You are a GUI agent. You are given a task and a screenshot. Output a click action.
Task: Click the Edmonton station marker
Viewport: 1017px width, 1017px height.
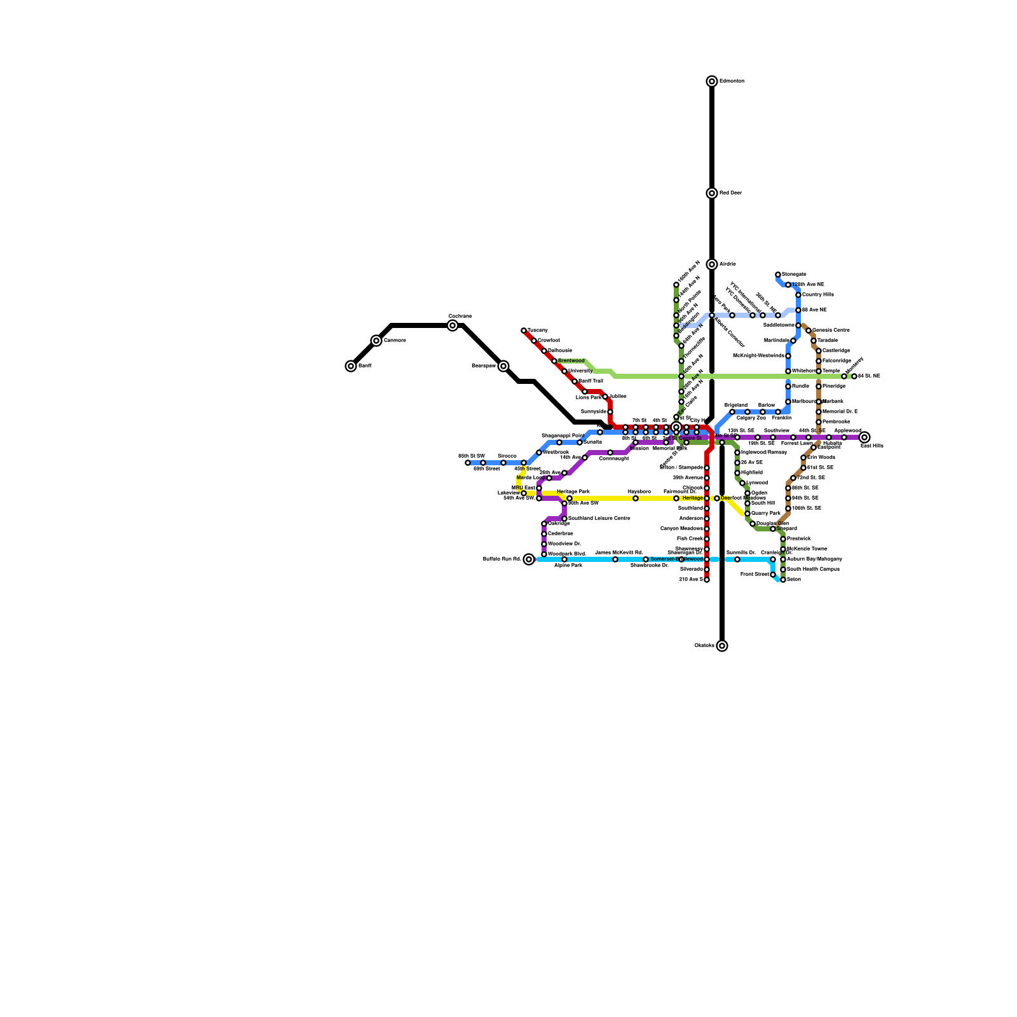pyautogui.click(x=712, y=81)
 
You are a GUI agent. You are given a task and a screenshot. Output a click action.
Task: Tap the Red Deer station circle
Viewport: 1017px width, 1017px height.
pyautogui.click(x=712, y=193)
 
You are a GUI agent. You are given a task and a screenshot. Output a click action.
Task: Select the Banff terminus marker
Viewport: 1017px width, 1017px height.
pyautogui.click(x=351, y=366)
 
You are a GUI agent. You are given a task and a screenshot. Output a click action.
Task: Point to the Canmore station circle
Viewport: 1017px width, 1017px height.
pyautogui.click(x=376, y=341)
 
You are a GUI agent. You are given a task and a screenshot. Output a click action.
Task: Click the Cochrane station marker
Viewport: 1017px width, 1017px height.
pyautogui.click(x=453, y=325)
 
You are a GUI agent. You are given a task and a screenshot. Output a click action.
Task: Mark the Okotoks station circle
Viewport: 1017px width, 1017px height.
pyautogui.click(x=722, y=646)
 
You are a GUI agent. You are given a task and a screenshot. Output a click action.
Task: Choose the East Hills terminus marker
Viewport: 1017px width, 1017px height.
pyautogui.click(x=864, y=437)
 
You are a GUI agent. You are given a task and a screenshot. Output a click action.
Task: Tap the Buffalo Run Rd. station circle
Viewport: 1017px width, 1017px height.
pyautogui.click(x=529, y=559)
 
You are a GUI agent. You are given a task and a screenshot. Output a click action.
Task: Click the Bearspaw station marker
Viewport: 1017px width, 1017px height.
pyautogui.click(x=503, y=366)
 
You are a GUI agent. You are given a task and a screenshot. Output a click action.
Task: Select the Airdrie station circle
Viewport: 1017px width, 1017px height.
pyautogui.click(x=712, y=264)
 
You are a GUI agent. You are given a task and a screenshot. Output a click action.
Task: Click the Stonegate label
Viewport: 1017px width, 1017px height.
pyautogui.click(x=794, y=275)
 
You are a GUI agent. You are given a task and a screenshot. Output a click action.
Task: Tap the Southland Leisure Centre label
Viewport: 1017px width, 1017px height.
pyautogui.click(x=599, y=519)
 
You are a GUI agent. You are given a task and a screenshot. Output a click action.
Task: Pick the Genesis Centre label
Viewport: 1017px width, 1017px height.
pyautogui.click(x=831, y=331)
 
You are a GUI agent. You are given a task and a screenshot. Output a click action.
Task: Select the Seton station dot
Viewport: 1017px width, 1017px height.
pyautogui.click(x=783, y=580)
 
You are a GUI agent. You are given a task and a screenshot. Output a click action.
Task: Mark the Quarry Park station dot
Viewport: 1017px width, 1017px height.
pyautogui.click(x=747, y=514)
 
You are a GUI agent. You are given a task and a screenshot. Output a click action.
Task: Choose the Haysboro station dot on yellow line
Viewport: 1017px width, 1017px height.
pyautogui.click(x=636, y=498)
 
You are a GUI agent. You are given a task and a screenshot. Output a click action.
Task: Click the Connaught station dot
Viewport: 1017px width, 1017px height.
pyautogui.click(x=610, y=453)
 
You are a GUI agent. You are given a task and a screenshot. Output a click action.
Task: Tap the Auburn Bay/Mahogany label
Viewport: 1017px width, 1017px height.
pyautogui.click(x=814, y=559)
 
